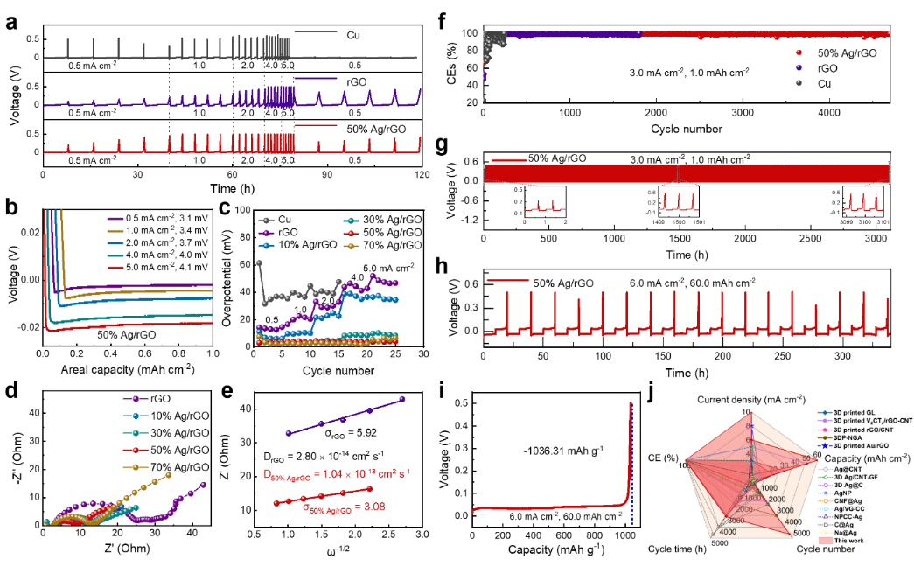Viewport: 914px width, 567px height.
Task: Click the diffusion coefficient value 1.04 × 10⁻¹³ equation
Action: point(338,473)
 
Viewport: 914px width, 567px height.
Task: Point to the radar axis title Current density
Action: point(746,400)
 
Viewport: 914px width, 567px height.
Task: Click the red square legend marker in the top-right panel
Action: point(798,52)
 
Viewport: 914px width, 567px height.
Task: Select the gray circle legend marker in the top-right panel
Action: point(798,82)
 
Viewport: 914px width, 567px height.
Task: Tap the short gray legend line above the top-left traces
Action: point(315,31)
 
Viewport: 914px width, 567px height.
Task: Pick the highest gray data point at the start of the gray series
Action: point(259,262)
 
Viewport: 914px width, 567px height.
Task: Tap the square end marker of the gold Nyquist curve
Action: point(169,474)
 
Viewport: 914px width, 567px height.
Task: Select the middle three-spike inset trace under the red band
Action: point(677,201)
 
